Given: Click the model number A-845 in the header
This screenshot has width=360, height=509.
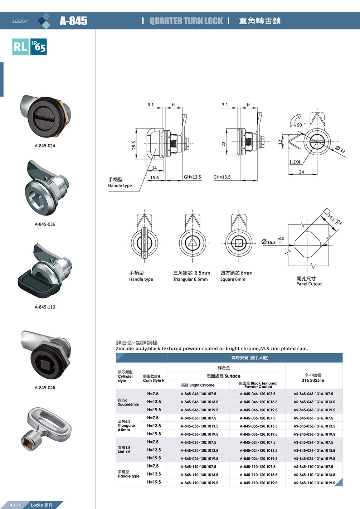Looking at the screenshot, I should (73, 21).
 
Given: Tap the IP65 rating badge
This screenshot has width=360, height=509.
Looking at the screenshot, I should (39, 47).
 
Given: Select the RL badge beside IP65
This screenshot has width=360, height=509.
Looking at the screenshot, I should (20, 47).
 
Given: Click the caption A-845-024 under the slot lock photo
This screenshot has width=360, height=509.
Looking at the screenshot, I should (45, 146).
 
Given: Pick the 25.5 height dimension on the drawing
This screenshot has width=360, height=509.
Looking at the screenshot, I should (134, 145).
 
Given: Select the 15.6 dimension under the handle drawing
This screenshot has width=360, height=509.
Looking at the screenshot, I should (154, 178).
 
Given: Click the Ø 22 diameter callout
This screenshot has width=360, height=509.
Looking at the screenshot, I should (340, 150).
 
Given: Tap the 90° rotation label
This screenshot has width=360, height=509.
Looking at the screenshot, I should (300, 125).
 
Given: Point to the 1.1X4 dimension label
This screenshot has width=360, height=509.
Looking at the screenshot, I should (295, 162).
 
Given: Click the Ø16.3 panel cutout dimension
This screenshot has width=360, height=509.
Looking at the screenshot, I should (269, 242).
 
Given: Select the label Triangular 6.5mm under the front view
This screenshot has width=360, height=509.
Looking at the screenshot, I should (190, 279).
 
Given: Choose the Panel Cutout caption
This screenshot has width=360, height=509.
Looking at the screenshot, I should (309, 284).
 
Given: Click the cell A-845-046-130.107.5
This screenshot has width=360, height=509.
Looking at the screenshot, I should (198, 394).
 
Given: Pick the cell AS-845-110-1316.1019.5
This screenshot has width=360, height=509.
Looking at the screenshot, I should (314, 483).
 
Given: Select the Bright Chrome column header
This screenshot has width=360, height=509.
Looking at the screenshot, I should (198, 385).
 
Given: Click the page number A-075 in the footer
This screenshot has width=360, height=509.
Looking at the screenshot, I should (15, 505).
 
